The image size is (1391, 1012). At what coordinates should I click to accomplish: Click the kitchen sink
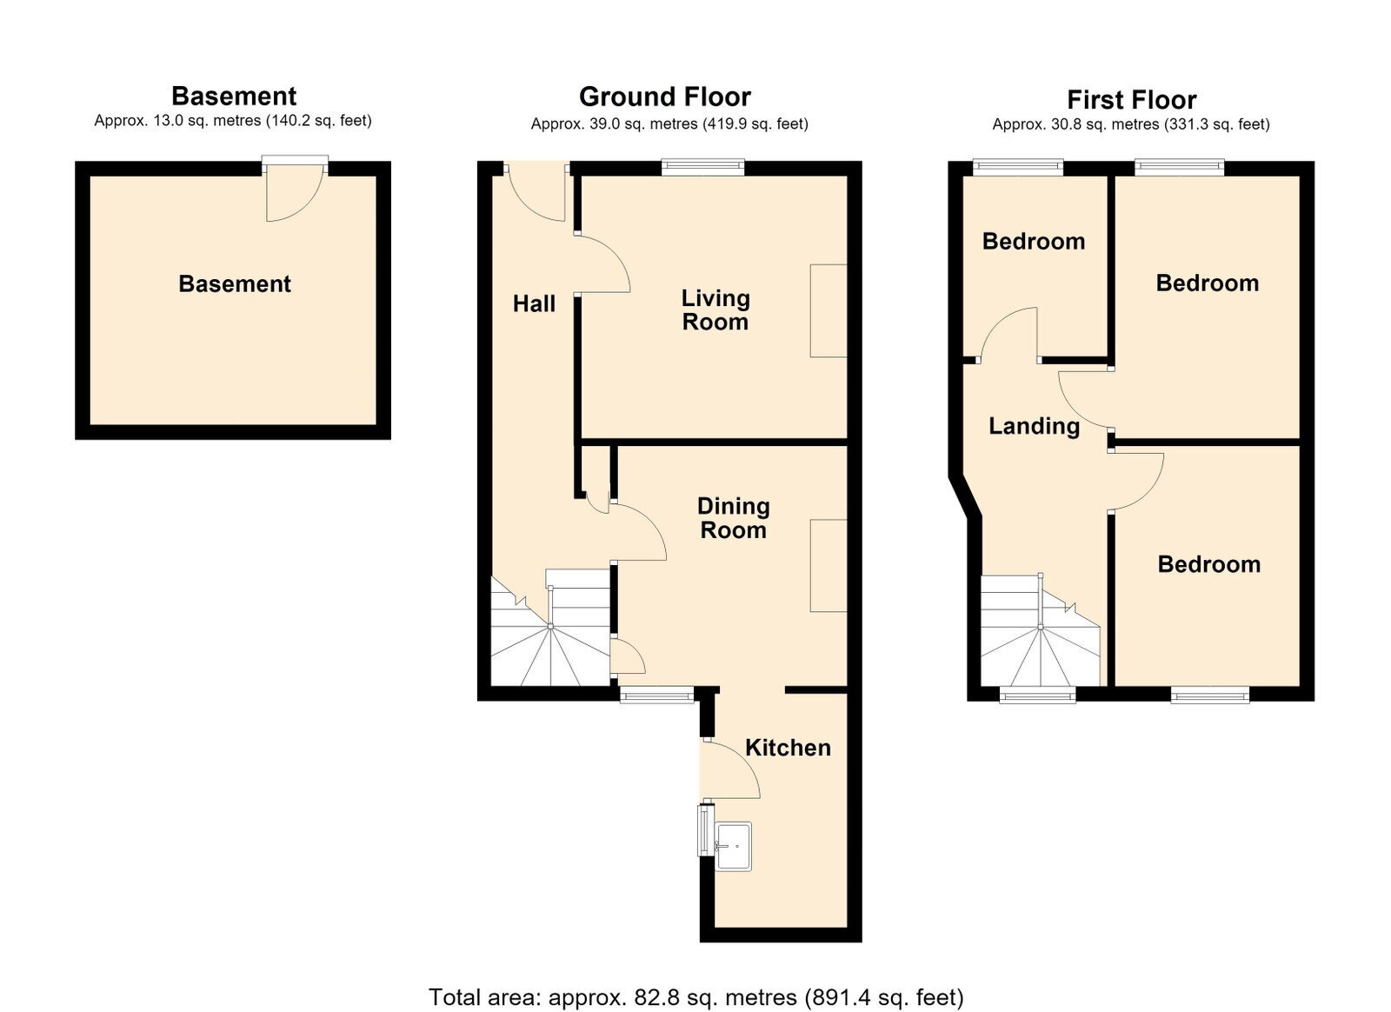[x=733, y=846]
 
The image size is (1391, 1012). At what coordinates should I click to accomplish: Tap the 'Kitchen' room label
[x=788, y=749]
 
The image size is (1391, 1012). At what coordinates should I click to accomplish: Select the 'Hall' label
[x=534, y=303]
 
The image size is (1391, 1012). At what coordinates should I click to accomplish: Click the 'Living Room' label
[x=715, y=310]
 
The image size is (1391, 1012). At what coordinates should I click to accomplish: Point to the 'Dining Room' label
[x=734, y=518]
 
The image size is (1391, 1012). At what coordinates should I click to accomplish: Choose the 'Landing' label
[x=1034, y=426]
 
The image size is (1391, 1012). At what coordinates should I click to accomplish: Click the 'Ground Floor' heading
[x=665, y=97]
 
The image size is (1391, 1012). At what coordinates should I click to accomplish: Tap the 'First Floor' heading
[x=1131, y=100]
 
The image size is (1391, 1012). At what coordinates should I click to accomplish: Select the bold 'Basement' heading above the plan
[x=234, y=97]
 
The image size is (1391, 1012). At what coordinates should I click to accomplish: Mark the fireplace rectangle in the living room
[x=829, y=310]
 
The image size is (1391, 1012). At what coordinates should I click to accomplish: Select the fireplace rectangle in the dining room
[x=829, y=566]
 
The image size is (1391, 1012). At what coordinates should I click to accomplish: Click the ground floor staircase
[x=550, y=628]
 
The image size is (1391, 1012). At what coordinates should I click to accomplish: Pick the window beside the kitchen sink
[x=705, y=829]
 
